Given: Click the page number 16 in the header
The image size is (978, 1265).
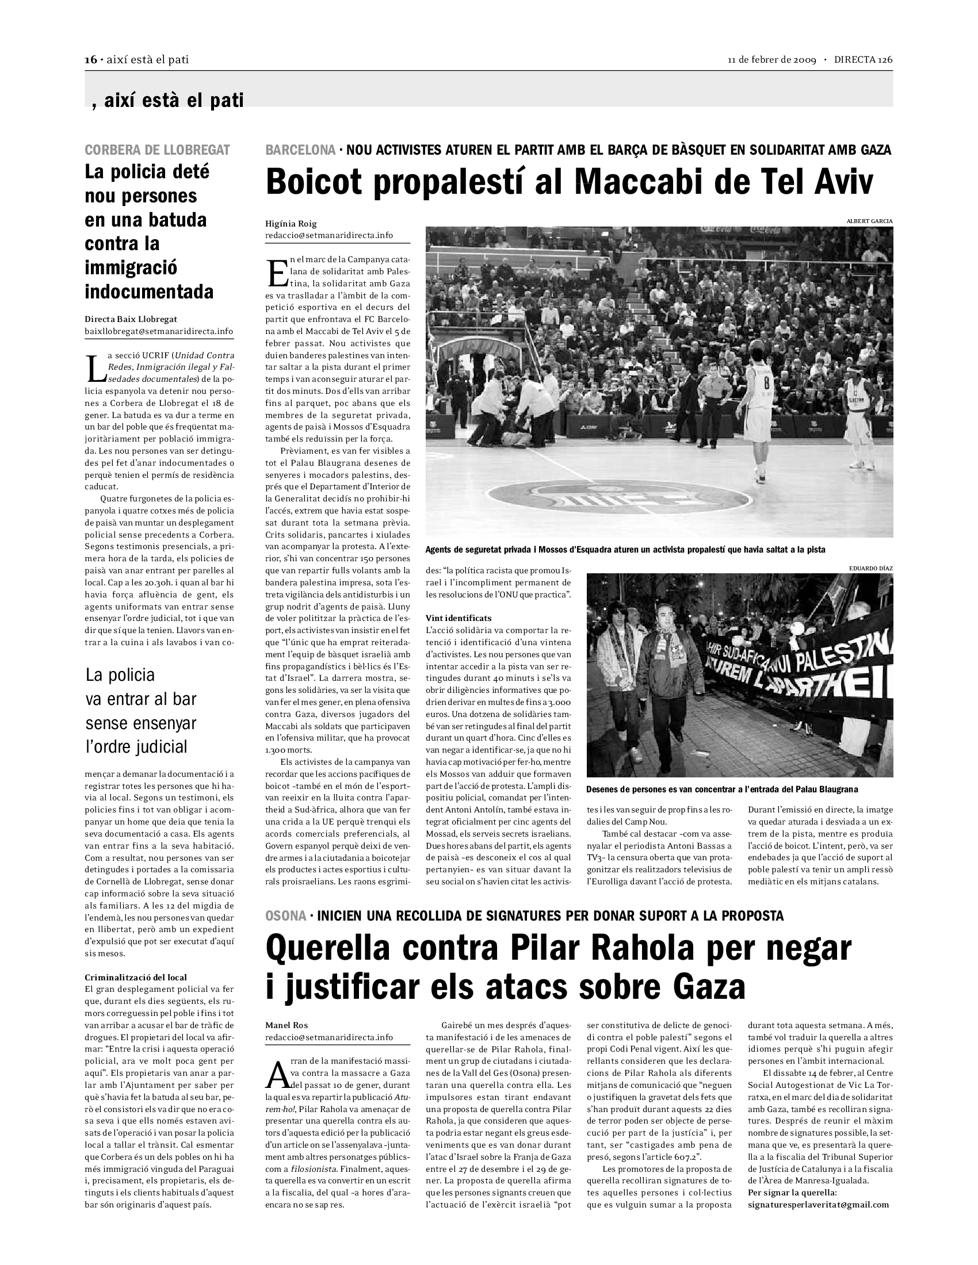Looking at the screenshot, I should click(90, 60).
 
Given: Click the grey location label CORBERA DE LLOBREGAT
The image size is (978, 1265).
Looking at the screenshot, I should click(157, 150).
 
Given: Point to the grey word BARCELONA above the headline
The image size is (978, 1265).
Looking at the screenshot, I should click(300, 150).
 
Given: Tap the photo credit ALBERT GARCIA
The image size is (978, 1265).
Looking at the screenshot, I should click(869, 221).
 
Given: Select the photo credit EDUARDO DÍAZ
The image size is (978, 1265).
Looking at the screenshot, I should click(870, 568).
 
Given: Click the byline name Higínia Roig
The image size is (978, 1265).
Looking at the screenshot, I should click(291, 224).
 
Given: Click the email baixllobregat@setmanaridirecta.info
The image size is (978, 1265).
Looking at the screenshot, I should click(159, 331).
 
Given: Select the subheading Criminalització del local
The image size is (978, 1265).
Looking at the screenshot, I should click(136, 977).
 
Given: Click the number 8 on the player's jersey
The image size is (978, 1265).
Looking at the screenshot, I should click(767, 383).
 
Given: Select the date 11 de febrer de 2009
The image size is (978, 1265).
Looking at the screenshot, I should click(771, 60).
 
